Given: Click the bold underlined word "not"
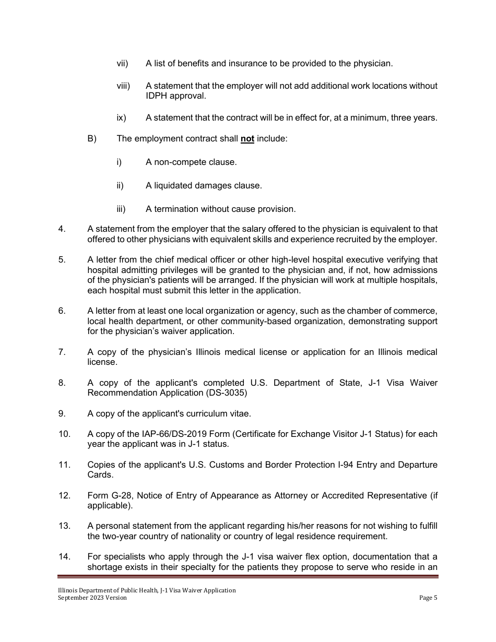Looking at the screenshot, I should pos(247,139).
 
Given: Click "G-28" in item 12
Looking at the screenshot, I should pos(121,496).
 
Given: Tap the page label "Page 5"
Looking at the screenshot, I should pos(428,598).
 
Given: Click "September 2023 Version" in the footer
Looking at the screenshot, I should pos(92,598).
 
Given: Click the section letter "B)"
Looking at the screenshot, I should pos(92,139).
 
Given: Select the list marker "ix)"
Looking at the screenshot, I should pos(121,118).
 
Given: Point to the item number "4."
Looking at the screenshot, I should pos(62,229).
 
